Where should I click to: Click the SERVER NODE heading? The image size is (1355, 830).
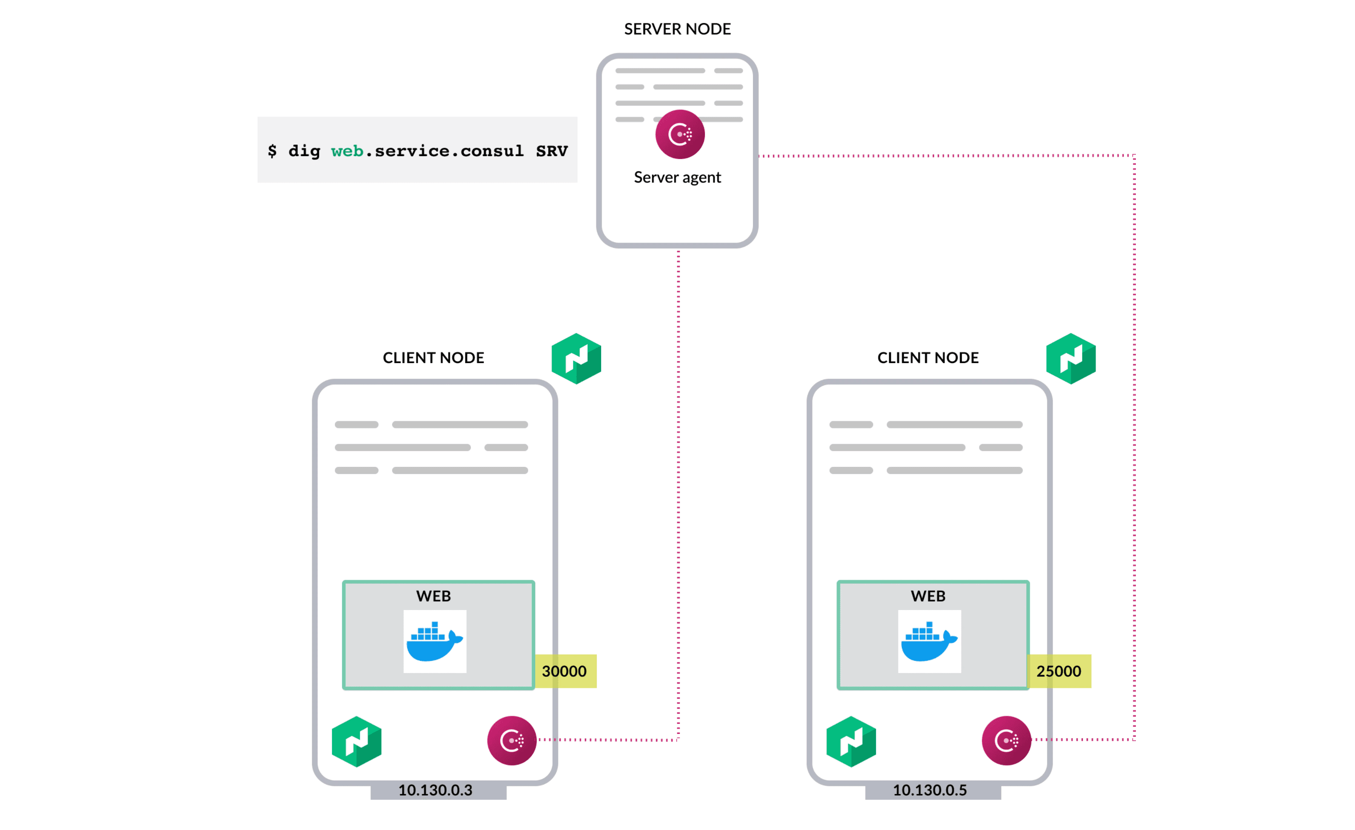tap(677, 29)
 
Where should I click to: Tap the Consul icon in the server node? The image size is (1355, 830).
tap(680, 134)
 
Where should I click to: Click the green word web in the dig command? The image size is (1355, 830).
tap(347, 151)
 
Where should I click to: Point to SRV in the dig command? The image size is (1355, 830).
tap(552, 151)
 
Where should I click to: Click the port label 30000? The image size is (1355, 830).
tap(564, 671)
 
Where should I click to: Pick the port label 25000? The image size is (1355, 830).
tap(1059, 671)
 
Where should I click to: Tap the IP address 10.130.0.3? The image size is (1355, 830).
tap(435, 790)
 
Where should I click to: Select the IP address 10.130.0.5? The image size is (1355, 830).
tap(929, 790)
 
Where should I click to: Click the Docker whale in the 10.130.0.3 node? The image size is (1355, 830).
tap(434, 641)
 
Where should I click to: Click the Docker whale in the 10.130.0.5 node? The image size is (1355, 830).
tap(929, 641)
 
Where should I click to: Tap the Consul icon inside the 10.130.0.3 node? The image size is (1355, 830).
tap(511, 740)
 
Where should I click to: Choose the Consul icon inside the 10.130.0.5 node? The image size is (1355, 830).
tap(1006, 740)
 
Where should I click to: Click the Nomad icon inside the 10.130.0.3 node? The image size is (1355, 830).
tap(357, 741)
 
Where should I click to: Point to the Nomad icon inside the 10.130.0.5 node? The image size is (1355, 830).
tap(851, 741)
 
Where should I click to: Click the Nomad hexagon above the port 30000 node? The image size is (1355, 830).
tap(576, 358)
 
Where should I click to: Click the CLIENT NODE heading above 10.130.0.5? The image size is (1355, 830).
tap(928, 358)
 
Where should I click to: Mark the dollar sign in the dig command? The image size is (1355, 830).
tap(272, 151)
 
